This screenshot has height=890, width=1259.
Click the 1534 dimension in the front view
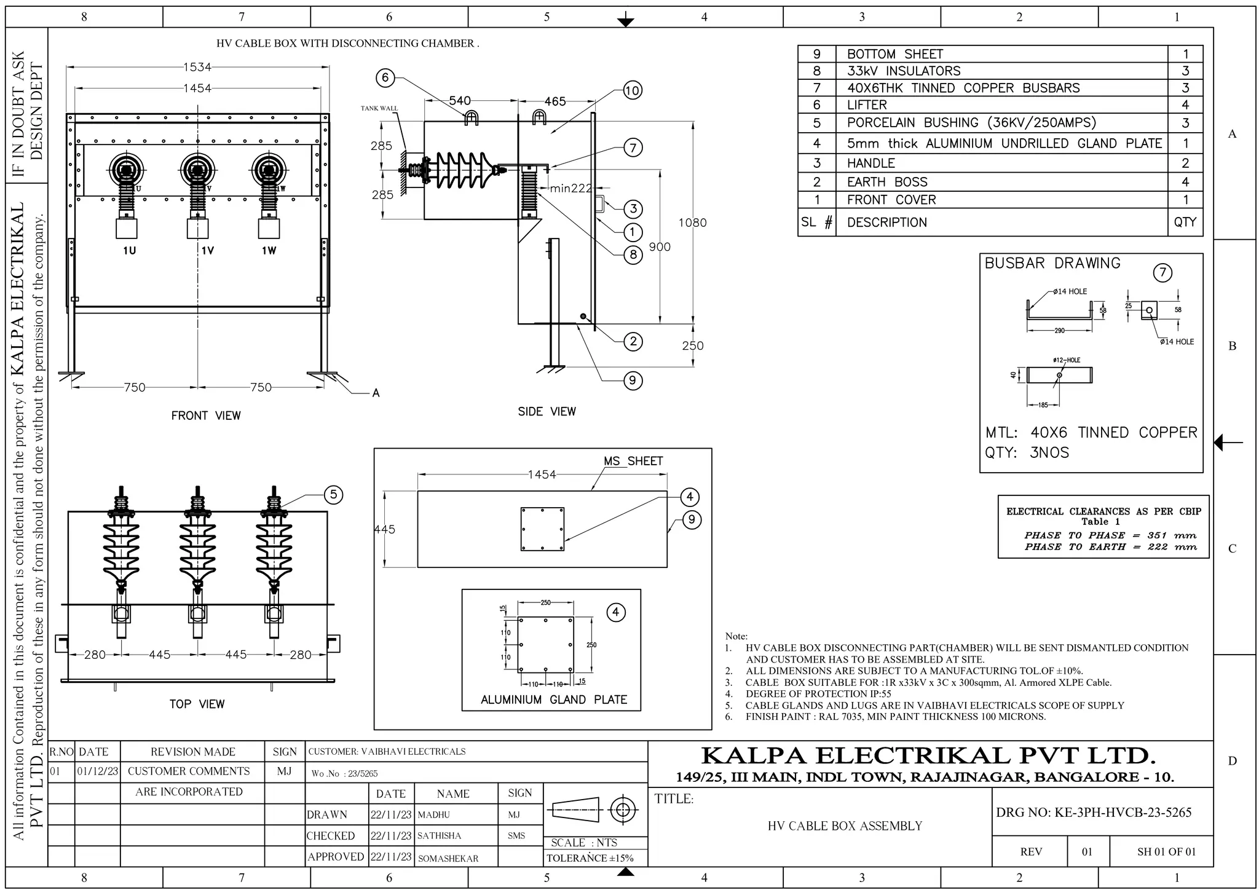[x=197, y=67]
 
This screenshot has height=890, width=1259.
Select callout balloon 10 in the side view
[x=633, y=91]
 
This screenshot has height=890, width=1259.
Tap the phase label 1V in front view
[x=208, y=251]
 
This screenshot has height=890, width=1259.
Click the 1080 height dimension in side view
[x=692, y=222]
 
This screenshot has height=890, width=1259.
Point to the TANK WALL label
[x=379, y=109]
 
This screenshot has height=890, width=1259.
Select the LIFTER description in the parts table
[x=867, y=105]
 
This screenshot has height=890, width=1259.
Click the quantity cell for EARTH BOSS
[x=1185, y=182]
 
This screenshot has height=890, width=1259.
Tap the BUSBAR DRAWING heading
[x=1052, y=263]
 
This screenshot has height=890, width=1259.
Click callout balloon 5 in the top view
[x=333, y=495]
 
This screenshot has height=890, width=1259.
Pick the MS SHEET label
[x=633, y=461]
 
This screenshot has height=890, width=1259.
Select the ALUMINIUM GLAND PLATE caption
[x=553, y=699]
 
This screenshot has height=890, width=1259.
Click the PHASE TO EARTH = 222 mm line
[x=1110, y=547]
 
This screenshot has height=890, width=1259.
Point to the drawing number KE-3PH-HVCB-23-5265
[x=1094, y=813]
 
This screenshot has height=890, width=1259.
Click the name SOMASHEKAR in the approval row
[x=448, y=859]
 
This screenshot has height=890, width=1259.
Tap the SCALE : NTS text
[x=584, y=843]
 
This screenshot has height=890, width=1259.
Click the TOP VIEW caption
[x=197, y=704]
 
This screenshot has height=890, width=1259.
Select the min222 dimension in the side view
[x=570, y=188]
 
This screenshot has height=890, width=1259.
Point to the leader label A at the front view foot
[x=376, y=393]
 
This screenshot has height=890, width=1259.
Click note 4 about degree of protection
[x=818, y=694]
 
